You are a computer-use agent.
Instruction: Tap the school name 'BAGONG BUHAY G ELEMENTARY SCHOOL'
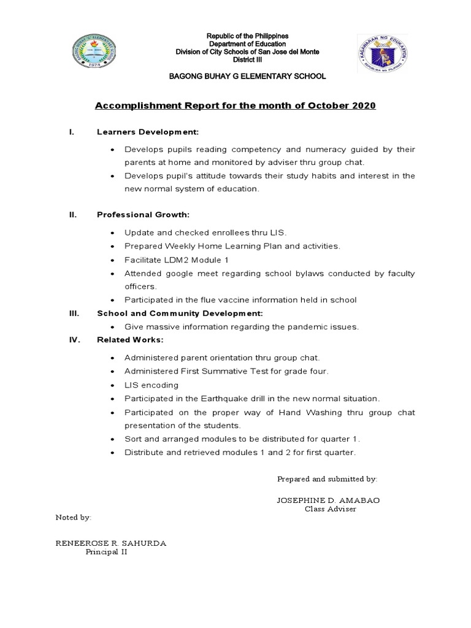[x=239, y=76]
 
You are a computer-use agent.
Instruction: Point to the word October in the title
[x=324, y=106]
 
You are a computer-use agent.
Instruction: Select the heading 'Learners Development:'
[x=147, y=132]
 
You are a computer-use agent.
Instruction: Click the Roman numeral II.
[x=72, y=215]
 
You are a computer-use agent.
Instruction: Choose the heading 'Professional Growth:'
[x=143, y=215]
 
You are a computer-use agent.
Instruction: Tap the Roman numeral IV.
[x=74, y=340]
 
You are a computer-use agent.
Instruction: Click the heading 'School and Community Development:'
[x=175, y=313]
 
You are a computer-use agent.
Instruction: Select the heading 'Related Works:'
[x=130, y=340]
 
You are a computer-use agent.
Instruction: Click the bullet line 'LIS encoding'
[x=151, y=385]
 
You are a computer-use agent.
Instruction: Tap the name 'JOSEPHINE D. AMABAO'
[x=328, y=500]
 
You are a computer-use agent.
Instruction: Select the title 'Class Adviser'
[x=330, y=509]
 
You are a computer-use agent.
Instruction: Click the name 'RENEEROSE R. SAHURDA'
[x=111, y=543]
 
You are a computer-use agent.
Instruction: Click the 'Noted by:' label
[x=74, y=518]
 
